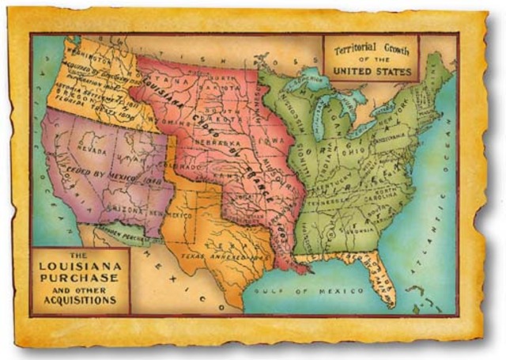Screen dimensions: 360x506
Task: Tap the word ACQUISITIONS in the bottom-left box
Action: [x=79, y=301]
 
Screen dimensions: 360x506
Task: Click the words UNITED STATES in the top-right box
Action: [x=372, y=72]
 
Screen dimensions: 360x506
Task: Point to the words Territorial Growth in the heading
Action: [x=372, y=49]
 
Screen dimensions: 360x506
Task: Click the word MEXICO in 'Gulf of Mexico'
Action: [x=341, y=290]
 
